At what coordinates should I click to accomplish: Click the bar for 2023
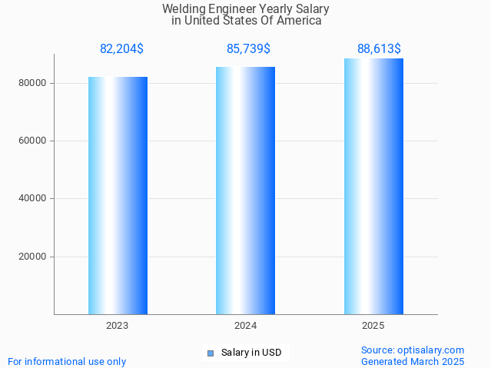[x=118, y=195]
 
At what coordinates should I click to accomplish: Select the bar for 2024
[x=245, y=191]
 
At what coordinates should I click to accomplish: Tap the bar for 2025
[x=373, y=186]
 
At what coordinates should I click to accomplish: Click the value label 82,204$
[x=121, y=49]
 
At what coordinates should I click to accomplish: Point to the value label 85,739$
[x=248, y=49]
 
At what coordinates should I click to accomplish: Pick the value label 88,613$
[x=378, y=49]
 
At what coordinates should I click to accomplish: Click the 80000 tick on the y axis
[x=33, y=83]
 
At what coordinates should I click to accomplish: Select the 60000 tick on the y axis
[x=33, y=141]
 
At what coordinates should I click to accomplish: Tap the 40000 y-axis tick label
[x=33, y=198]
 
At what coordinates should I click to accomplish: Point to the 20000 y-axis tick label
[x=33, y=257]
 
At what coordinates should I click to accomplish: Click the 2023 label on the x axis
[x=118, y=326]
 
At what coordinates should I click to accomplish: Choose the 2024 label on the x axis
[x=245, y=326]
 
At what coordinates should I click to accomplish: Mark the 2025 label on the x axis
[x=373, y=326]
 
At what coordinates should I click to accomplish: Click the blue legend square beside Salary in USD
[x=211, y=353]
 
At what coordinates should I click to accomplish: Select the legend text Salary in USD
[x=250, y=353]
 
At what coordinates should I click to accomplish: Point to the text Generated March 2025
[x=413, y=361]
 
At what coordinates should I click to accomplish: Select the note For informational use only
[x=67, y=361]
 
